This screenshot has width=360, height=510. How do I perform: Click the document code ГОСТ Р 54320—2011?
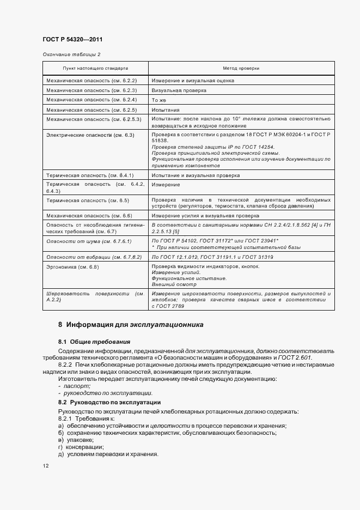coord(72,40)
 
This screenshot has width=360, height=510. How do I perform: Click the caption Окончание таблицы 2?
coord(71,54)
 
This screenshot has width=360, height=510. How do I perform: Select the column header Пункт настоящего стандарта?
coord(95,69)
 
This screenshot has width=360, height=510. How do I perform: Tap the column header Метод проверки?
coord(241,69)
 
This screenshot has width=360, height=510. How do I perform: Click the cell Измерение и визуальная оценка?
coord(193,81)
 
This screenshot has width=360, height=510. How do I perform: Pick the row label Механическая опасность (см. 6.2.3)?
coord(91,90)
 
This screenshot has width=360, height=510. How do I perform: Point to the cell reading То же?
coord(158,100)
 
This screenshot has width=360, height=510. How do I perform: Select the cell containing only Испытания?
coord(164,110)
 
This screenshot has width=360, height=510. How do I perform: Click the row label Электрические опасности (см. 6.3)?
coord(90,134)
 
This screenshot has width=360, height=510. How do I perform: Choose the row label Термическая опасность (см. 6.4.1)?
coord(90,175)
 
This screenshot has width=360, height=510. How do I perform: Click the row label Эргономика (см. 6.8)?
coord(73,266)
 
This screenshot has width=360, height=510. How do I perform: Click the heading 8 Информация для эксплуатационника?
coord(131,325)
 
